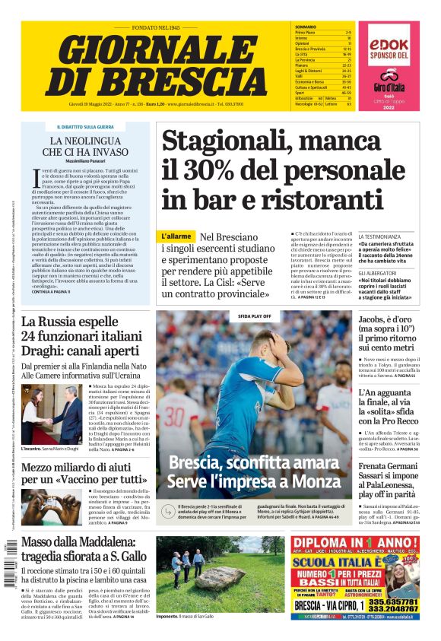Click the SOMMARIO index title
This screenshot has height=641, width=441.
tap(305, 27)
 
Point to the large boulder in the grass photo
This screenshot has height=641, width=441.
tap(220, 579)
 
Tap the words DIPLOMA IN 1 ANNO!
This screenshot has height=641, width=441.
tap(354, 541)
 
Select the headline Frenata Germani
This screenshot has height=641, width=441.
tap(389, 465)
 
